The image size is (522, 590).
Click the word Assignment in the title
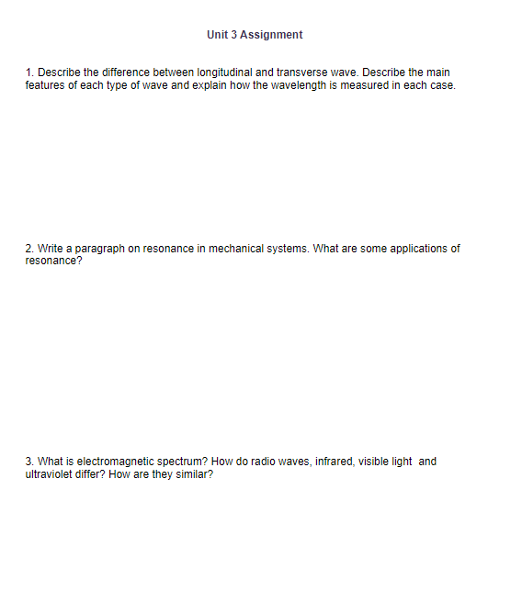click(x=270, y=35)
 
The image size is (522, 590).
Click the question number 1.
click(x=29, y=72)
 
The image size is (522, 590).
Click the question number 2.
click(x=29, y=249)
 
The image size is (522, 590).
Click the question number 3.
click(x=29, y=462)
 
